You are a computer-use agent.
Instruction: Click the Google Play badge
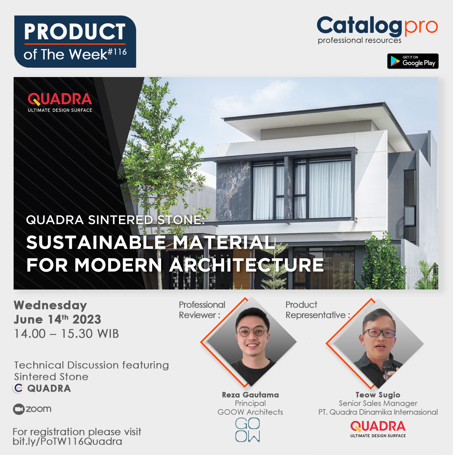tap(413, 61)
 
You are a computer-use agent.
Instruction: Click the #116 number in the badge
tap(117, 52)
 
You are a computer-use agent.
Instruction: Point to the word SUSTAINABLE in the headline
tap(96, 242)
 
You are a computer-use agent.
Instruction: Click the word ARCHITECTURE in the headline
tap(246, 265)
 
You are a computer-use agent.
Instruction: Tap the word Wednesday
tap(50, 305)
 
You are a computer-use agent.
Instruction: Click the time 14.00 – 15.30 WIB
tap(67, 334)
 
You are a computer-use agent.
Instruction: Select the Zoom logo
tap(32, 409)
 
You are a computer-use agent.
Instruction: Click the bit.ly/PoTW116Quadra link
tap(67, 441)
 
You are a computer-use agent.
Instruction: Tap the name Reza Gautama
tap(250, 395)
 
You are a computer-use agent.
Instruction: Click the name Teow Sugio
tap(378, 395)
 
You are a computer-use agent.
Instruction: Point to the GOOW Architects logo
tap(248, 430)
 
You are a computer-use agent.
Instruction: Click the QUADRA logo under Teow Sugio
tap(378, 429)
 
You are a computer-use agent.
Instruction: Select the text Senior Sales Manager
tap(378, 403)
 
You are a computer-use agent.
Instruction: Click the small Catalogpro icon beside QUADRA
tap(18, 388)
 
